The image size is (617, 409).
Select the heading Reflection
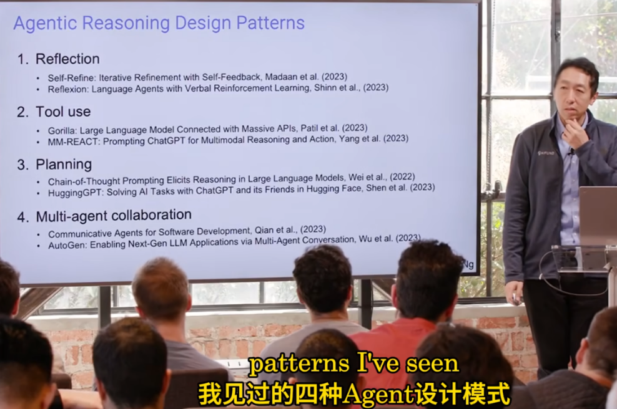click(67, 59)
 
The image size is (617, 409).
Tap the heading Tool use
click(63, 112)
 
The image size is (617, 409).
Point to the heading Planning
click(64, 165)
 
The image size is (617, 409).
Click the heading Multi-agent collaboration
click(114, 216)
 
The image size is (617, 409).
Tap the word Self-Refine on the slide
click(72, 78)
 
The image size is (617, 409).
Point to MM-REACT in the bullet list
click(74, 142)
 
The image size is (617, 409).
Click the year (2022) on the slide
click(402, 177)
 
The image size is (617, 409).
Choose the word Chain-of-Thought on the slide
click(84, 181)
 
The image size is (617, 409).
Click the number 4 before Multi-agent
click(22, 217)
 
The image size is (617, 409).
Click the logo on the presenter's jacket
click(546, 153)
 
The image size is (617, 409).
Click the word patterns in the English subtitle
click(299, 364)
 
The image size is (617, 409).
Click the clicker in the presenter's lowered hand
click(516, 300)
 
